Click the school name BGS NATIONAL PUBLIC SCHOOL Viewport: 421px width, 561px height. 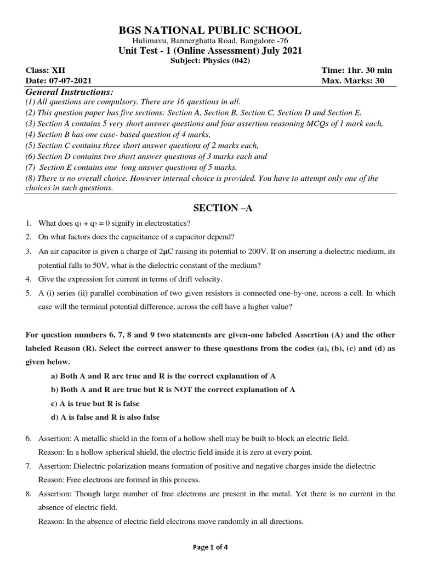point(210,31)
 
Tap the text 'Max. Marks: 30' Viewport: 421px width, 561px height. point(353,81)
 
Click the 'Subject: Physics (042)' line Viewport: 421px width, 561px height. point(210,61)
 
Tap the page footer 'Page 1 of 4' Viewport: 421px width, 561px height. point(210,549)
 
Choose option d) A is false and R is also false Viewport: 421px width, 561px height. point(105,417)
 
